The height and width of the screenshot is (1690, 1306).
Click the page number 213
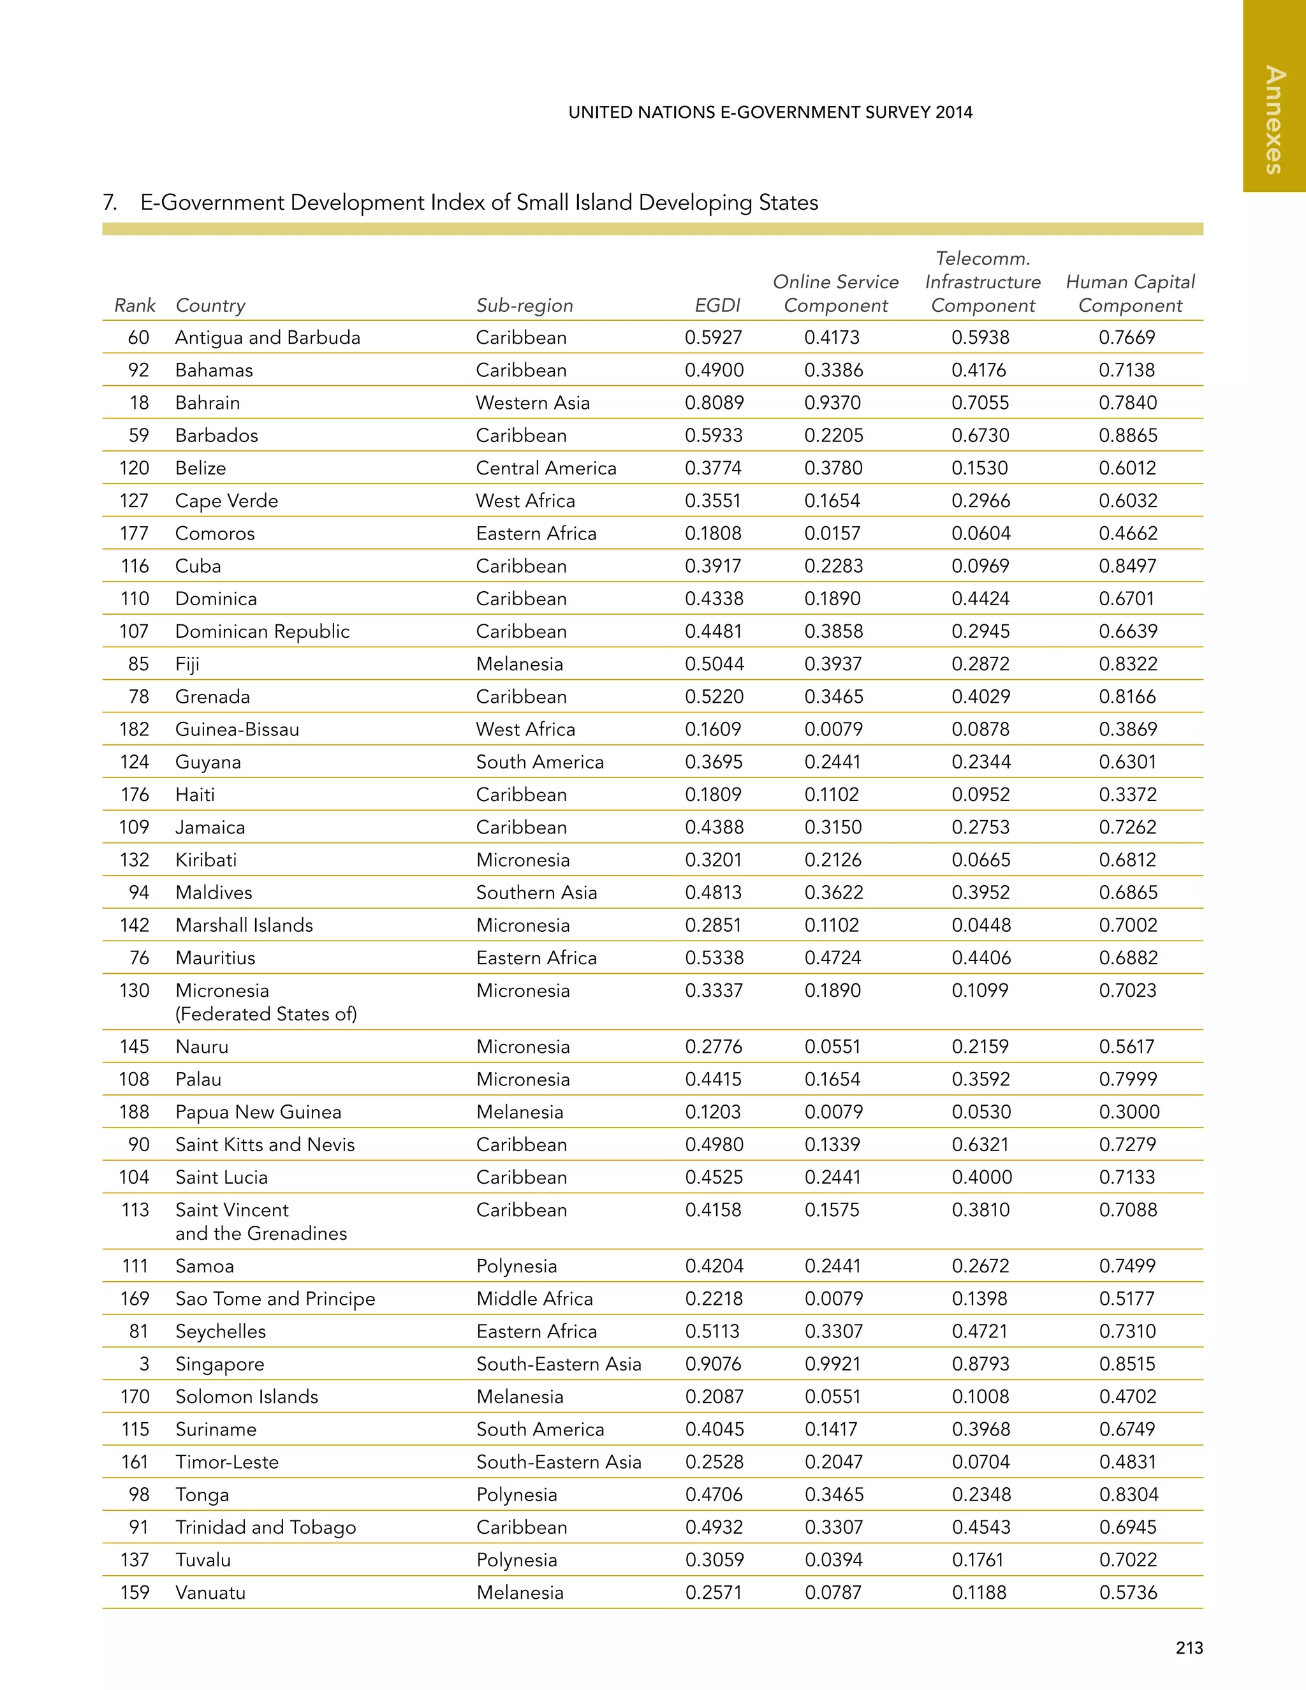[1189, 1647]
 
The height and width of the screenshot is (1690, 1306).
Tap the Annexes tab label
[1274, 120]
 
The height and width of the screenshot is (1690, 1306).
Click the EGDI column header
[717, 305]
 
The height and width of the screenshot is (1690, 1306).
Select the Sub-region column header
[525, 305]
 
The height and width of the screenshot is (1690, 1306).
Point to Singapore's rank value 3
[144, 1363]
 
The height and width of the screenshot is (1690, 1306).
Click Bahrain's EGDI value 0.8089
[714, 402]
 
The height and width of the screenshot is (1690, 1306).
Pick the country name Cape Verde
[226, 501]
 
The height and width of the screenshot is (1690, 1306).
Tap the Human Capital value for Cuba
[1127, 566]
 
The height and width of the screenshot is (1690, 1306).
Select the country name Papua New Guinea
[258, 1112]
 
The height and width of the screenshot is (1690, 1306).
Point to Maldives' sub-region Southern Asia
[536, 892]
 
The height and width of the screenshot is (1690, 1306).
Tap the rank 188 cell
[134, 1112]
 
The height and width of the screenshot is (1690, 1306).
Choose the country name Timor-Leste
[226, 1462]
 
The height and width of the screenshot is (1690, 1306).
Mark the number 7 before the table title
[109, 203]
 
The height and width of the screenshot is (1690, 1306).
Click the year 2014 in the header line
[953, 112]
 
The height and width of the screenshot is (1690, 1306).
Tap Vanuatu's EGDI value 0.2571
[714, 1592]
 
